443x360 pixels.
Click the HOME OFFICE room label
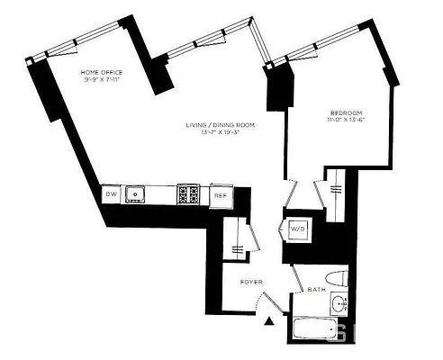pyautogui.click(x=102, y=71)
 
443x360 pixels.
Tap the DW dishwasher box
pyautogui.click(x=111, y=193)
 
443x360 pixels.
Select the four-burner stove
pyautogui.click(x=188, y=193)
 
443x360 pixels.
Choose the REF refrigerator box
pyautogui.click(x=221, y=194)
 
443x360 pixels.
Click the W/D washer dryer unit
pyautogui.click(x=297, y=229)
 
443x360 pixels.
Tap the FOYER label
pyautogui.click(x=251, y=283)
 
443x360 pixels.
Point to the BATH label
pyautogui.click(x=317, y=290)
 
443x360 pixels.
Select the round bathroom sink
pyautogui.click(x=339, y=303)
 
